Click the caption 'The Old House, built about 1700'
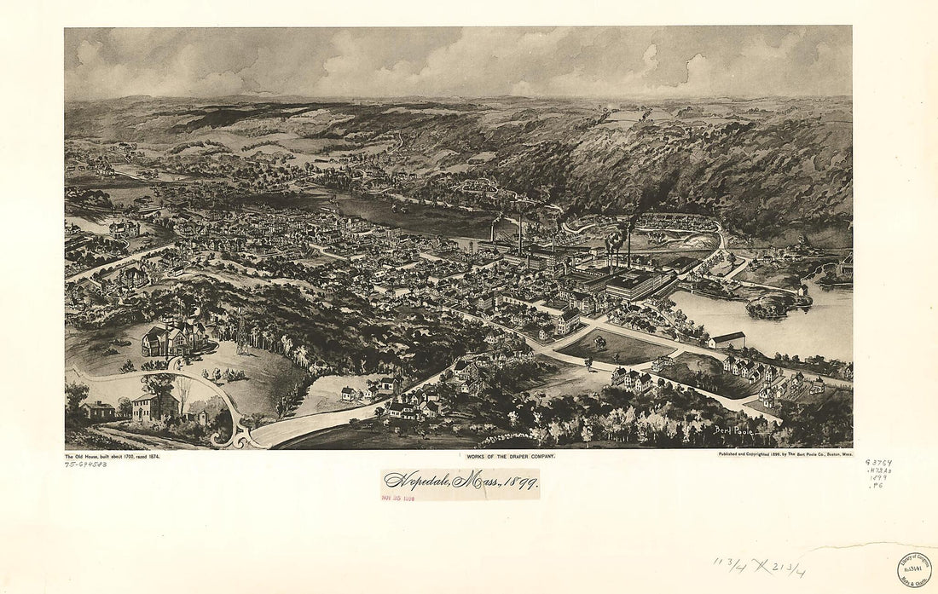pyautogui.click(x=112, y=457)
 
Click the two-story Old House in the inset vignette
pyautogui.click(x=154, y=407)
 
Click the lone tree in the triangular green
pyautogui.click(x=599, y=343)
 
